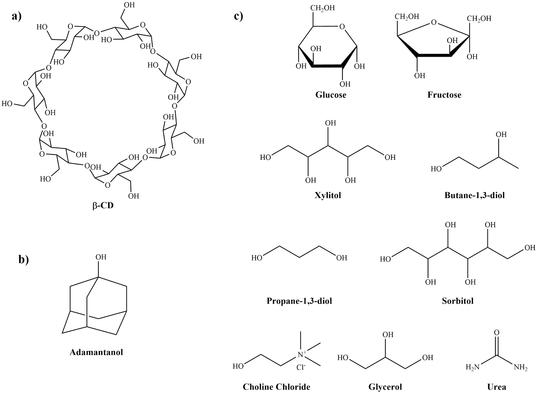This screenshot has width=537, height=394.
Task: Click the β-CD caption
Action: tap(103, 205)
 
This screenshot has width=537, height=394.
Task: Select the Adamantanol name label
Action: tap(96, 352)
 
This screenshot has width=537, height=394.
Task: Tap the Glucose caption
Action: tap(331, 95)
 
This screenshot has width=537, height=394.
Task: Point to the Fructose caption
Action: tap(444, 95)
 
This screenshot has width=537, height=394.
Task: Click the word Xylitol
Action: tap(328, 195)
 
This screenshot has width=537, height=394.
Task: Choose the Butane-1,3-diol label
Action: tap(475, 195)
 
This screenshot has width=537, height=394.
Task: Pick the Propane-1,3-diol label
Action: tap(299, 301)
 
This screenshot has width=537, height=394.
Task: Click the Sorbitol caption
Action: tap(458, 301)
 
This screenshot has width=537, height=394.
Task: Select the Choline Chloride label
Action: tap(276, 387)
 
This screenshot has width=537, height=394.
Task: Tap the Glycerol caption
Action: tap(385, 387)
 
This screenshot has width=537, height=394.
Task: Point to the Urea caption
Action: tap(497, 387)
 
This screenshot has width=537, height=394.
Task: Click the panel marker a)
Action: tap(17, 16)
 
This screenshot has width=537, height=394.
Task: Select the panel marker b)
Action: tap(24, 260)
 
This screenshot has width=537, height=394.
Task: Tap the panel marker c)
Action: tap(238, 16)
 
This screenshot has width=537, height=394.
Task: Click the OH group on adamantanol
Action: tap(101, 257)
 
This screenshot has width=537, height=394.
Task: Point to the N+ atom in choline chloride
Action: tap(301, 355)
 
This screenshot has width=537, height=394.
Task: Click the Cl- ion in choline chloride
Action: tap(301, 368)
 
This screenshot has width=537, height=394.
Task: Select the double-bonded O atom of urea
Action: tap(497, 333)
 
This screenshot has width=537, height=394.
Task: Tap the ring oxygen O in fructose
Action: tap(434, 22)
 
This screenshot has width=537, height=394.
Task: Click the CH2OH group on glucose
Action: tap(322, 8)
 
